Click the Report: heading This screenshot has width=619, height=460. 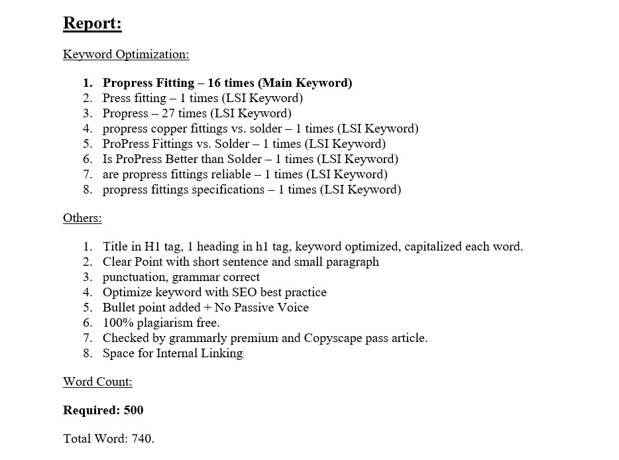pyautogui.click(x=92, y=23)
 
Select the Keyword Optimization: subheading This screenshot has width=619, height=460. pyautogui.click(x=126, y=54)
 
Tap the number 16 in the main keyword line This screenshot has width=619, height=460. pyautogui.click(x=215, y=83)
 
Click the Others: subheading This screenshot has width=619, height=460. pyautogui.click(x=82, y=218)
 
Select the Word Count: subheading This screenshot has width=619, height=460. pyautogui.click(x=97, y=382)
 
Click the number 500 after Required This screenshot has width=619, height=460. pyautogui.click(x=133, y=410)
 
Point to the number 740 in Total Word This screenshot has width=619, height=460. pyautogui.click(x=143, y=439)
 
